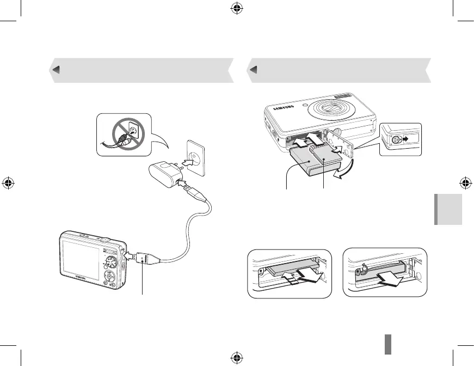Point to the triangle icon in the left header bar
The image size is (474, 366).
56,70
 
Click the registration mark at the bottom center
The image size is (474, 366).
237,357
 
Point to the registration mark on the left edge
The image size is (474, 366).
8,183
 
